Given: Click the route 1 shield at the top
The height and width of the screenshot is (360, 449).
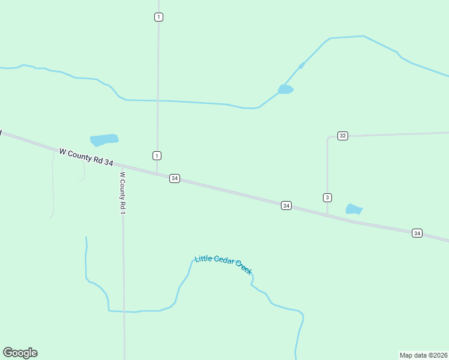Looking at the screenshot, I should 158,17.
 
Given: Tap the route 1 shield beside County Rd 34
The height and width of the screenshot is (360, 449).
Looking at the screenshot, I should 157,156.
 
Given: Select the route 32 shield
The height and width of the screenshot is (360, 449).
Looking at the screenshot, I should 342,136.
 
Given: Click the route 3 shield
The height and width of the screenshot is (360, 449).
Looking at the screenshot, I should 327,197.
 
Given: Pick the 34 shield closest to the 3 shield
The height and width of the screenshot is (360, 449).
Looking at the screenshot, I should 286,206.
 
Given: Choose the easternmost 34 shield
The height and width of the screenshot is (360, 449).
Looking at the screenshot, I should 417,233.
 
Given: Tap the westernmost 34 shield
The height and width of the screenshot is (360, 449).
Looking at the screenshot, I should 174,178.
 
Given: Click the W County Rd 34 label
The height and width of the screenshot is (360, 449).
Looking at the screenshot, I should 86,157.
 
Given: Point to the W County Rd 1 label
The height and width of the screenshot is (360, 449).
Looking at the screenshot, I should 122,194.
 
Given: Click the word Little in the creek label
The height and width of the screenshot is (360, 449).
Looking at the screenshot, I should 203,259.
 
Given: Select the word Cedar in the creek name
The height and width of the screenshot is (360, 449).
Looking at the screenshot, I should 223,260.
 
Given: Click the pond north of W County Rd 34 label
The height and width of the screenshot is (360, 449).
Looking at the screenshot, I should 104,140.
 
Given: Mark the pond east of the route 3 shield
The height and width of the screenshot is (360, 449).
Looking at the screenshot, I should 354,209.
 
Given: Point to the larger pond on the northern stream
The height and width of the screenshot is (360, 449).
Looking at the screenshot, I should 285,89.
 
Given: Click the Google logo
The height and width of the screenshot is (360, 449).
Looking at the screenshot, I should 20,353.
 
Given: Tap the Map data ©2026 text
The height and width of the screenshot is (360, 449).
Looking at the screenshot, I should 423,355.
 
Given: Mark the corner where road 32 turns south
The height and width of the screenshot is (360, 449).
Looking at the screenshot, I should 328,138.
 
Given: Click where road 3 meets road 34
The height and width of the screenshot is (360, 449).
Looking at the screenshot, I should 327,214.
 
